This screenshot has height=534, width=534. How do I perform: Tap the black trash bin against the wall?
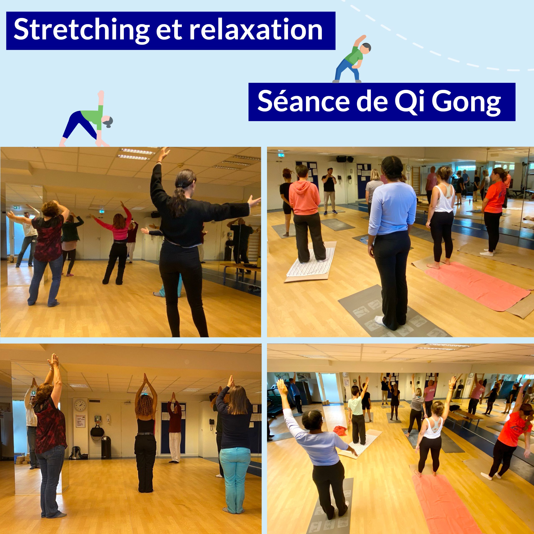point(106,447)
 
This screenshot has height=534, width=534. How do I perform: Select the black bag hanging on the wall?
point(97,432)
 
